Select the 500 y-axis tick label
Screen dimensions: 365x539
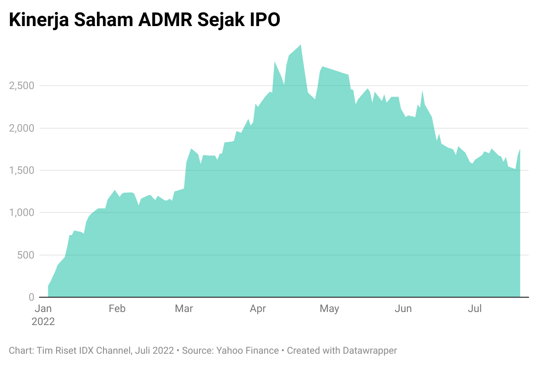point(26,255)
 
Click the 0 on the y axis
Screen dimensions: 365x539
point(31,297)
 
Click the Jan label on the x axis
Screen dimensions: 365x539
point(43,309)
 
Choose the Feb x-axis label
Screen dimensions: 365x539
point(117,309)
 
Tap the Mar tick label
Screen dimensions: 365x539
point(184,309)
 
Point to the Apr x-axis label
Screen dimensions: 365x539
point(258,309)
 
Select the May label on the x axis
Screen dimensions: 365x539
point(329,309)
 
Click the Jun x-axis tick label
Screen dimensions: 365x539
point(403,309)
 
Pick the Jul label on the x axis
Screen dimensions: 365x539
point(475,309)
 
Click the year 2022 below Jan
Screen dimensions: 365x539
point(43,322)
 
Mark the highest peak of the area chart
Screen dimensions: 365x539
point(301,45)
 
